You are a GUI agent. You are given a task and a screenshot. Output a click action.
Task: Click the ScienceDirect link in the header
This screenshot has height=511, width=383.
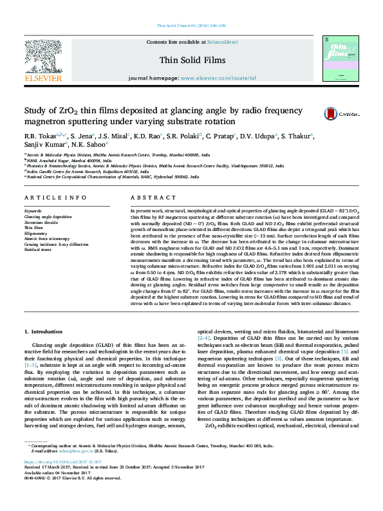pos(223,42)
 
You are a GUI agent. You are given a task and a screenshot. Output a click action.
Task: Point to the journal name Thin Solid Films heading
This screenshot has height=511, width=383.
pos(191,59)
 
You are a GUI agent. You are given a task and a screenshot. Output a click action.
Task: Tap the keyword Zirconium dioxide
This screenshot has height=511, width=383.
pos(40,222)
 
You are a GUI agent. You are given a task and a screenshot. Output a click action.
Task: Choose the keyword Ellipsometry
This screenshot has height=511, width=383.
pos(35,233)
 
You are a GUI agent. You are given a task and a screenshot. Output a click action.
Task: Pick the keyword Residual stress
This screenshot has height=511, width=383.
pos(38,249)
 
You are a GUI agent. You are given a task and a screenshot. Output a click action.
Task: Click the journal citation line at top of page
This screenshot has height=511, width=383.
pos(191,26)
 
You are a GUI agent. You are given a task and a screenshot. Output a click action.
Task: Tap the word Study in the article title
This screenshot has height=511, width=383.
pos(37,109)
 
